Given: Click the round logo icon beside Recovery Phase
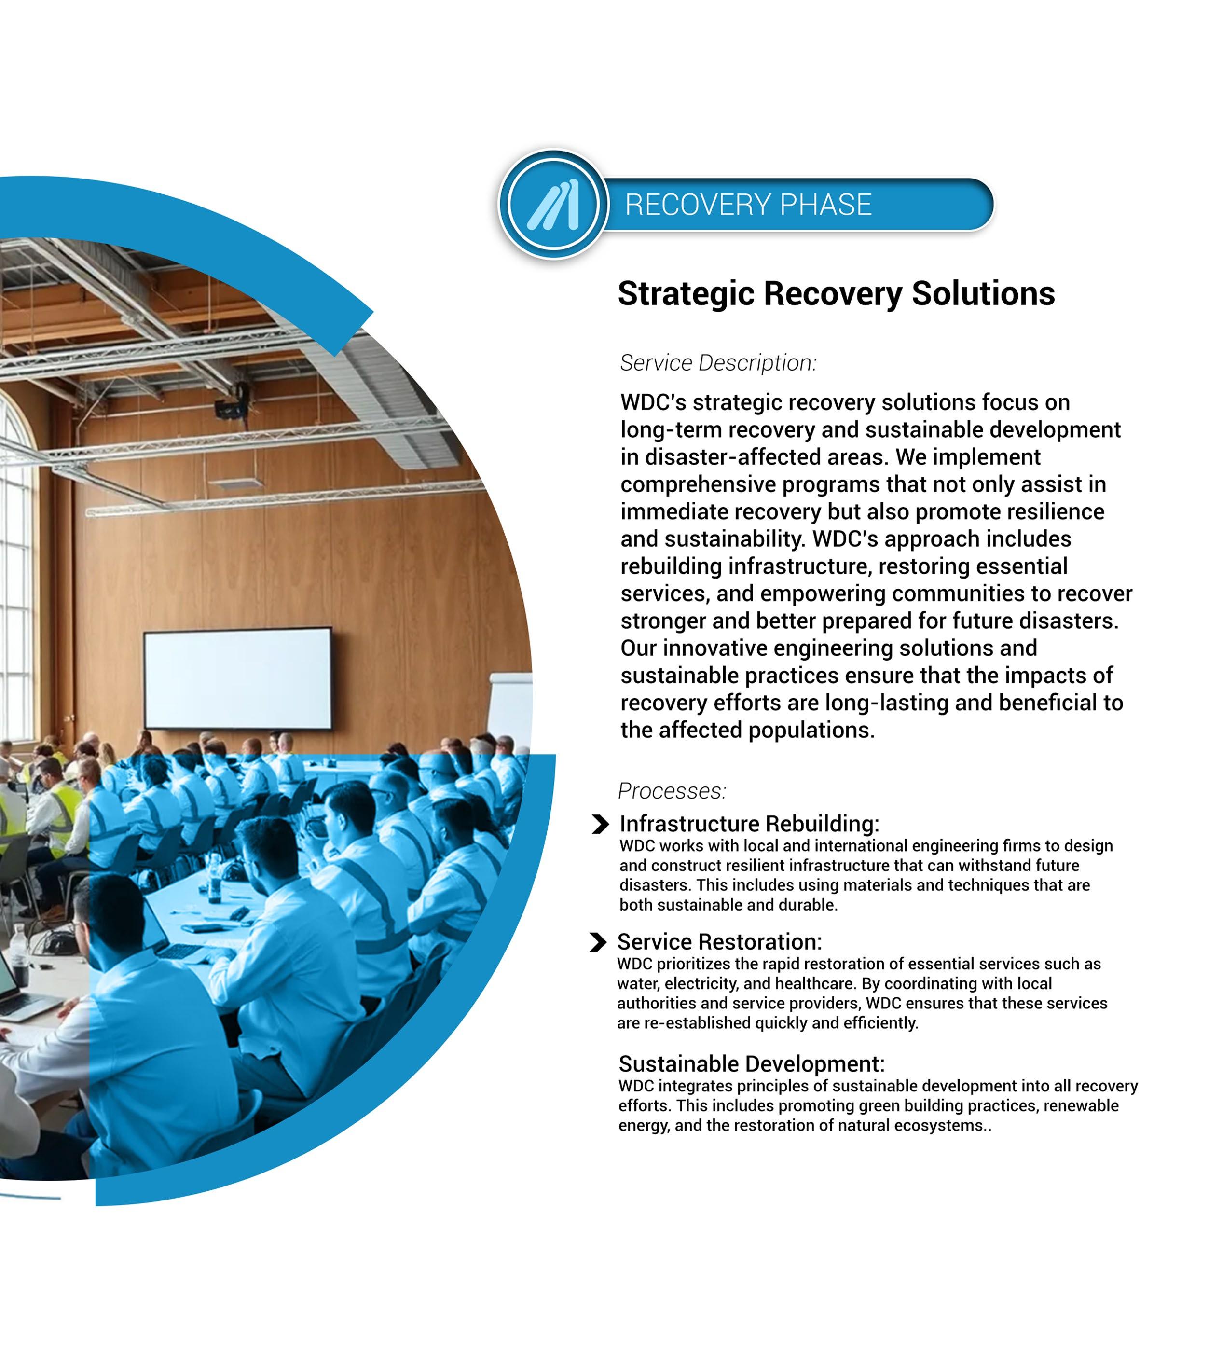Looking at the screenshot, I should point(553,204).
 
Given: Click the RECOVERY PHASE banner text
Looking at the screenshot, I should point(748,205).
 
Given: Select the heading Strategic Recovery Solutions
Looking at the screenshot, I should point(836,294).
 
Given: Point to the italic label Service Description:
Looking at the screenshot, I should point(717,363).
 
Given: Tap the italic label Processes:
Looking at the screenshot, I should point(672,791).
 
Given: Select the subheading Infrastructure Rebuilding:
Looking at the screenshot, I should point(749,824).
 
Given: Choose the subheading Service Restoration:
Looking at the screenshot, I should point(719,941).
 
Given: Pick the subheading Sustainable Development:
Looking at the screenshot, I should point(751,1063).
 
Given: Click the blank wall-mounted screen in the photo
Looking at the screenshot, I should point(238,678).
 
